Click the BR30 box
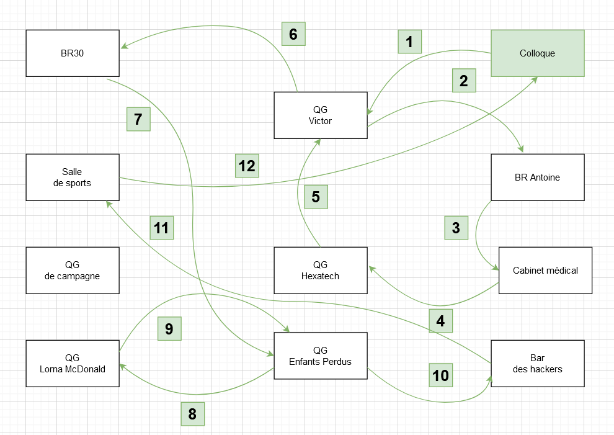(73, 53)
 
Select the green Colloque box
(538, 53)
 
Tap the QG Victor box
(321, 115)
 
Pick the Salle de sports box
(73, 177)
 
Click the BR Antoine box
(538, 177)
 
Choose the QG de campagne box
(73, 271)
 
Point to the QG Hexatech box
(321, 271)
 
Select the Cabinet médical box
(546, 271)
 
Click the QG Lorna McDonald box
(73, 363)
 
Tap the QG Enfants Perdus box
(321, 356)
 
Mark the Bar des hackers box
(538, 363)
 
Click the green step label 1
(409, 42)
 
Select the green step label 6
(293, 34)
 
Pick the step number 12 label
(247, 166)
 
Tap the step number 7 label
(138, 119)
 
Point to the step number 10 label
(440, 375)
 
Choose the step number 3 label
(456, 228)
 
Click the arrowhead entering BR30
(124, 47)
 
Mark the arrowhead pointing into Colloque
(534, 79)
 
